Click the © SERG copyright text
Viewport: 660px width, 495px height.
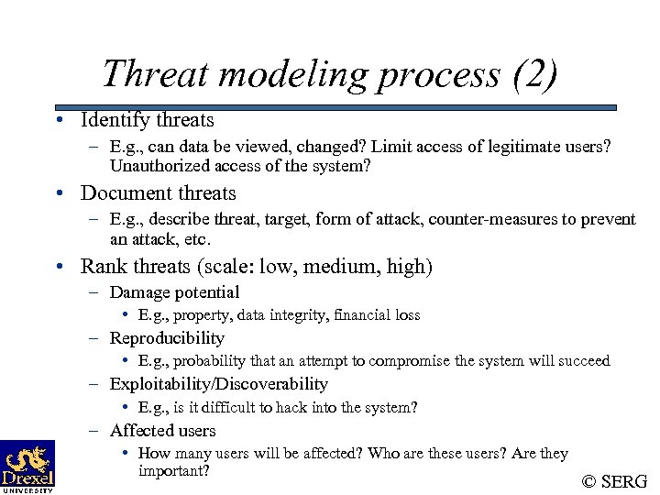614,481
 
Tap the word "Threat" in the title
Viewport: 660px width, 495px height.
155,74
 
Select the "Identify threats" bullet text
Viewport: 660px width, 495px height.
147,120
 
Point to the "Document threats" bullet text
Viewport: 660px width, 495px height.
158,193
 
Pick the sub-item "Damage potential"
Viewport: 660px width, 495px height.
174,292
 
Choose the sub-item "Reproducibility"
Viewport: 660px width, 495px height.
167,338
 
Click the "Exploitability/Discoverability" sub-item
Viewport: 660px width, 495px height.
218,384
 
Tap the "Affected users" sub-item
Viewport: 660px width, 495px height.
162,430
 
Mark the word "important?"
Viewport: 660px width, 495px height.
174,471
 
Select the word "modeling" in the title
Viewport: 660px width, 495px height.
280,74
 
